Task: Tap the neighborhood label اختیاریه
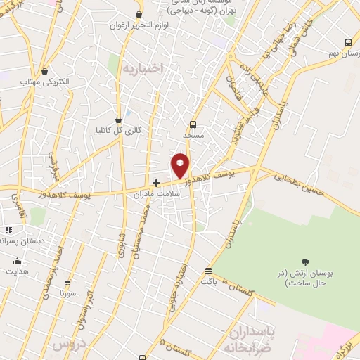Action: [143, 67]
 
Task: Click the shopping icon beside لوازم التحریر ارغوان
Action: [139, 14]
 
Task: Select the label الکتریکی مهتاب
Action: [46, 82]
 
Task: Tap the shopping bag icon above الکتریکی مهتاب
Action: [45, 71]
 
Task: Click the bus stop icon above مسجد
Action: [193, 124]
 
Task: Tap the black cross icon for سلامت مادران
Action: [156, 183]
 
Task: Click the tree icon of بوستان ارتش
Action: [304, 262]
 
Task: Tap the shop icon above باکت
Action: [208, 271]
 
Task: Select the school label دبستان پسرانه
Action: [21, 240]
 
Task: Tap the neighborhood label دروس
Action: [66, 345]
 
